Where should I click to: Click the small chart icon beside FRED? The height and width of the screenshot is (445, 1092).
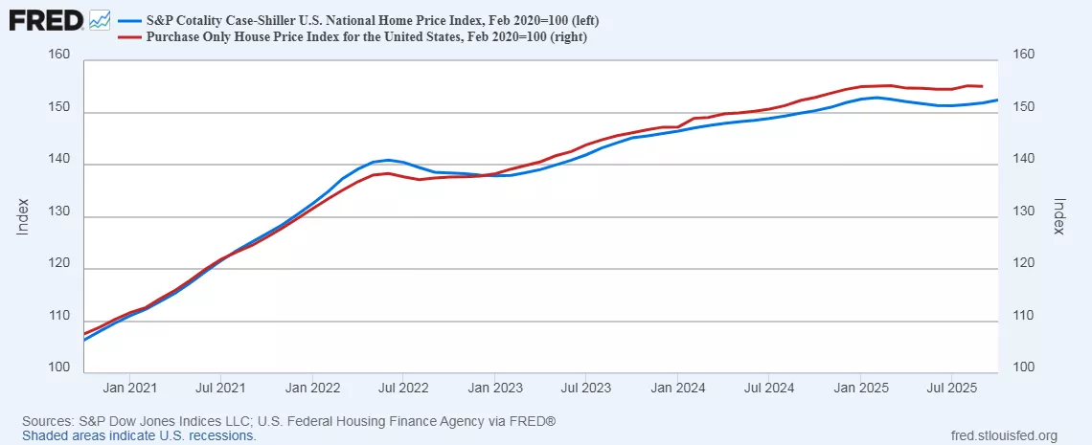coord(100,20)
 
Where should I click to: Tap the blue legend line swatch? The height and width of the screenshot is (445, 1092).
coord(128,20)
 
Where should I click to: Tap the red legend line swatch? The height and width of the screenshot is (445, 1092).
coord(128,37)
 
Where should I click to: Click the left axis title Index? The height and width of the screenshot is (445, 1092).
coord(23,216)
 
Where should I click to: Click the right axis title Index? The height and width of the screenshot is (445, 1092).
coord(1059,216)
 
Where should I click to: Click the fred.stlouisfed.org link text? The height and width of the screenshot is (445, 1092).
coord(1000,435)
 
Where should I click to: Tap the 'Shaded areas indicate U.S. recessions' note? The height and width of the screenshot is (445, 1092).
coord(139,435)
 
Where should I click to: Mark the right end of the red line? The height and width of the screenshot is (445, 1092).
coord(983,86)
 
